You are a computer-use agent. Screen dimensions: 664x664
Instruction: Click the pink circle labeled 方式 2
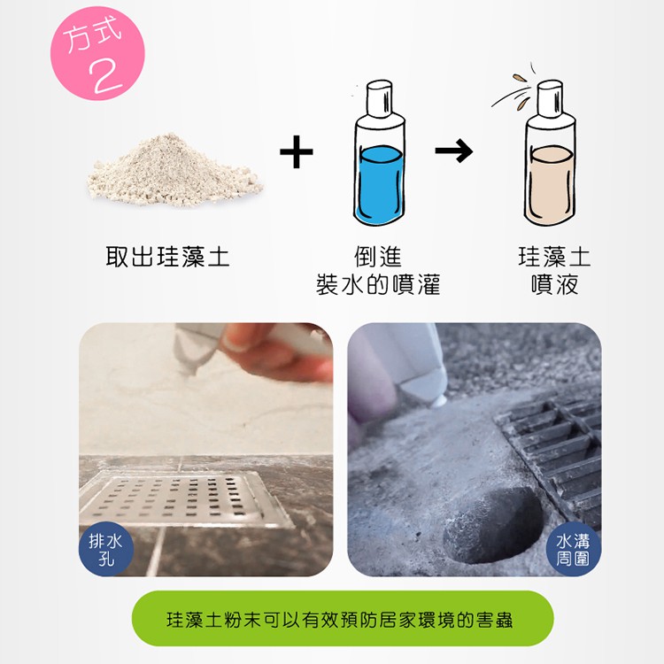pos(97,53)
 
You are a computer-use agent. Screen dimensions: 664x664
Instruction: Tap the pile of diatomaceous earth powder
pos(174,171)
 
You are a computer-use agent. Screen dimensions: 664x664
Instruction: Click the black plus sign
pos(297,151)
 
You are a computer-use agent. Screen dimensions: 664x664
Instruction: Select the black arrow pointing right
pos(454,151)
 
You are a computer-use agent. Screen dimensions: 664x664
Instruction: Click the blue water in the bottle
pos(380,185)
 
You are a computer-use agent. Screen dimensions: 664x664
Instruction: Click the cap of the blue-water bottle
pos(380,98)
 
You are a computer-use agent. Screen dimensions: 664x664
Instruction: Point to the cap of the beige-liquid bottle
pos(550,98)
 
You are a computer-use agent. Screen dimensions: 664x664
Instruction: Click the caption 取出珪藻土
pos(167,257)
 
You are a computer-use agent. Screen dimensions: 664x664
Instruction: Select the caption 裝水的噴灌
pos(378,284)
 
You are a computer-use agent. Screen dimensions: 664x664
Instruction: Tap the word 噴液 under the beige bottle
pos(555,284)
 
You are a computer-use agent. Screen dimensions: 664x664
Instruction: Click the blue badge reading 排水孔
pos(106,549)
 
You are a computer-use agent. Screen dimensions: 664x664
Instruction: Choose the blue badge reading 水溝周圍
pos(574,549)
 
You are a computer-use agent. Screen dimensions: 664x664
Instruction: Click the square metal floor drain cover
pos(186,499)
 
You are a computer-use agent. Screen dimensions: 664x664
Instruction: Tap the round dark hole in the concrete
pos(493,525)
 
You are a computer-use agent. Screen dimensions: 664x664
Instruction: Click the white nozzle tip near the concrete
pos(439,400)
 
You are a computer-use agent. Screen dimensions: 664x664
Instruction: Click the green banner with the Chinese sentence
pos(343,619)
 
